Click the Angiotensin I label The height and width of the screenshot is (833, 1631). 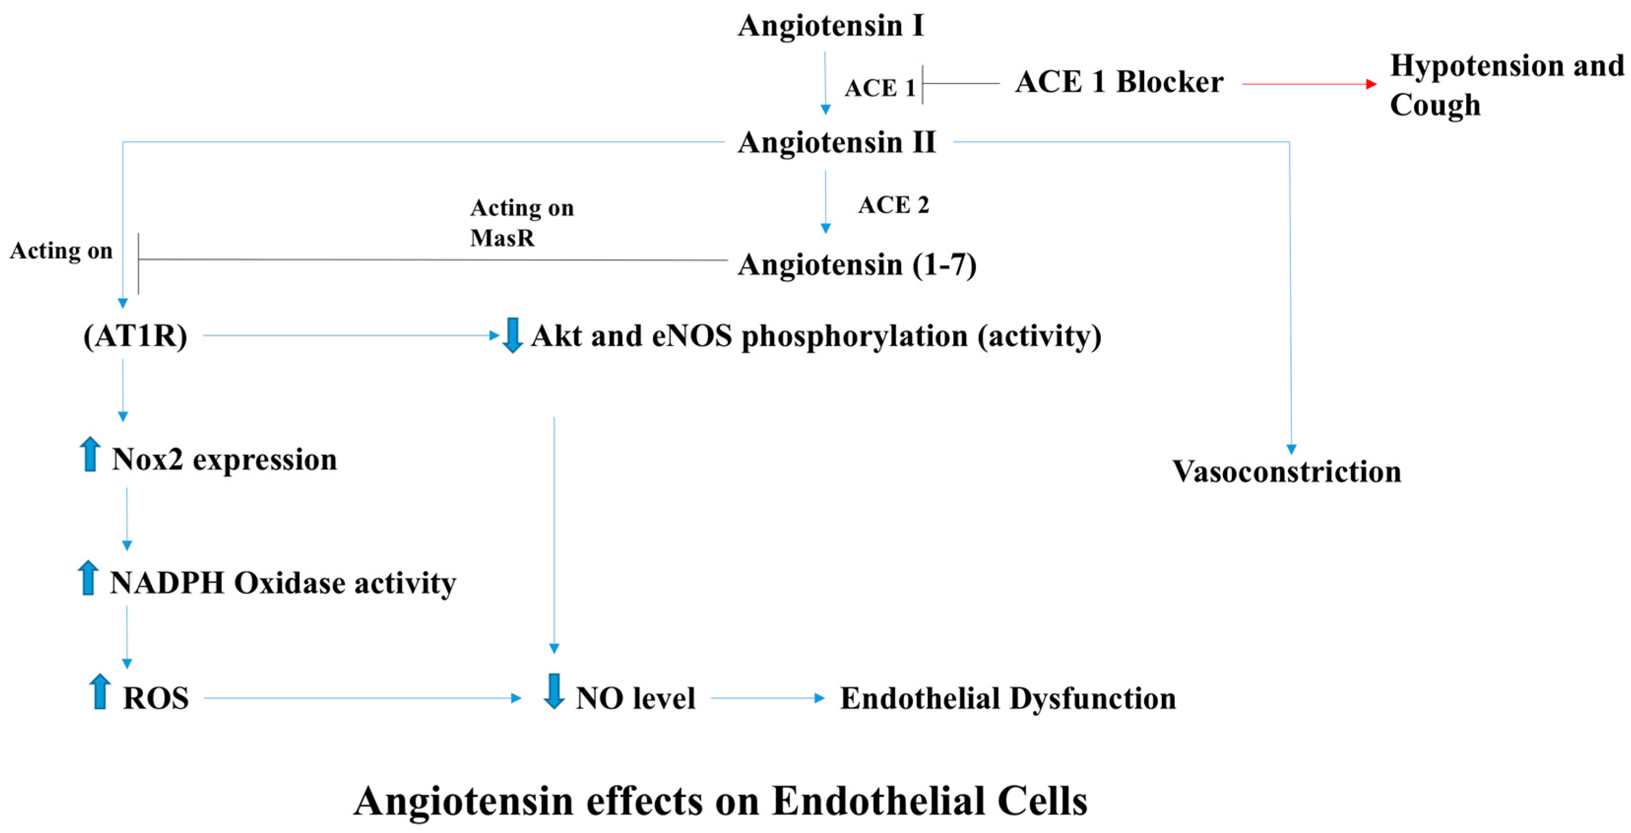830,27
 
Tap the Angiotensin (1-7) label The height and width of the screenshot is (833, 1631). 857,265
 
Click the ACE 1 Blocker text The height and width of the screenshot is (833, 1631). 1119,82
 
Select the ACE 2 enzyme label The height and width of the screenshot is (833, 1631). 893,205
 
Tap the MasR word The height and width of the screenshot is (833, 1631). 502,238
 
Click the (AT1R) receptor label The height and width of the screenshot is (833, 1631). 135,336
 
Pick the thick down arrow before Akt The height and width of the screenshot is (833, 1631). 511,335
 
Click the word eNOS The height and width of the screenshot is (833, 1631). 691,336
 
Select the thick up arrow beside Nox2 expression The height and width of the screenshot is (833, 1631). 90,454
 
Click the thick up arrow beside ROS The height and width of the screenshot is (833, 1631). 99,692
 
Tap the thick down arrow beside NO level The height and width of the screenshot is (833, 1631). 554,692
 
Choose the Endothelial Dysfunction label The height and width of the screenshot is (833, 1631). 1007,699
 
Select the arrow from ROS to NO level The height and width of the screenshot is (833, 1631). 361,699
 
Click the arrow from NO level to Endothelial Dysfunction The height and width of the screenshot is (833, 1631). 767,699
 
